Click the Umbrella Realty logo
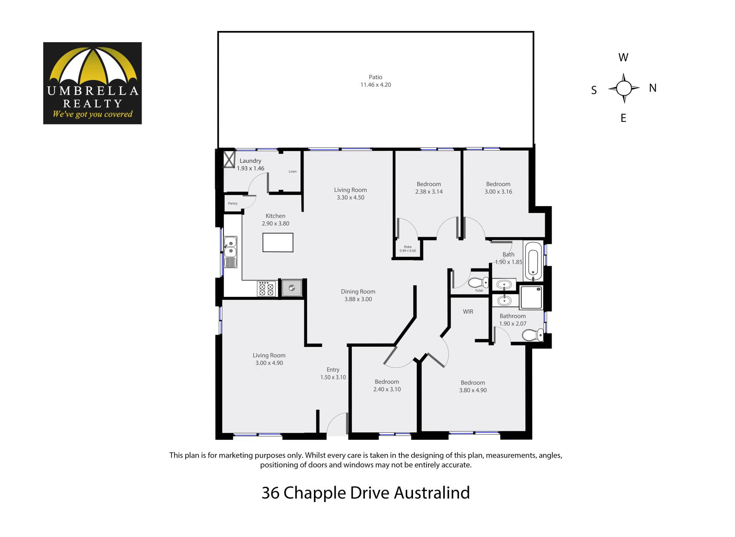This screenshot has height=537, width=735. click(x=92, y=83)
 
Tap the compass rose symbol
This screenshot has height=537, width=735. click(x=624, y=88)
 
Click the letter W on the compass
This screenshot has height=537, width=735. click(x=623, y=57)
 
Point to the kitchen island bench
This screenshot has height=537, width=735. click(x=278, y=242)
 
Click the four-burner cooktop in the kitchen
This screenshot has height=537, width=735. click(x=267, y=288)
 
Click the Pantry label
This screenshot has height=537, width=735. click(x=233, y=203)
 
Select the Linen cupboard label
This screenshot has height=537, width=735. click(x=292, y=172)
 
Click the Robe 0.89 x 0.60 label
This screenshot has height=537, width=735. click(x=408, y=249)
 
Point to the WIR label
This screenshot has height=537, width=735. click(x=468, y=312)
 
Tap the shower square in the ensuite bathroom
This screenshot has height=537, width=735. click(x=531, y=298)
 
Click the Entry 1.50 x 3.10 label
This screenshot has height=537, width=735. click(x=333, y=373)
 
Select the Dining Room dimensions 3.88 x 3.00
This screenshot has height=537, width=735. click(x=358, y=299)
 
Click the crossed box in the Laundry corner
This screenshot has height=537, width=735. click(x=229, y=159)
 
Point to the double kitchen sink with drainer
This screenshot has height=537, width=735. click(x=230, y=252)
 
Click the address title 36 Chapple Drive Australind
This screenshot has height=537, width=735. click(x=366, y=493)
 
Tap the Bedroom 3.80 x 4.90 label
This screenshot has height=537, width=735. click(x=473, y=386)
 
